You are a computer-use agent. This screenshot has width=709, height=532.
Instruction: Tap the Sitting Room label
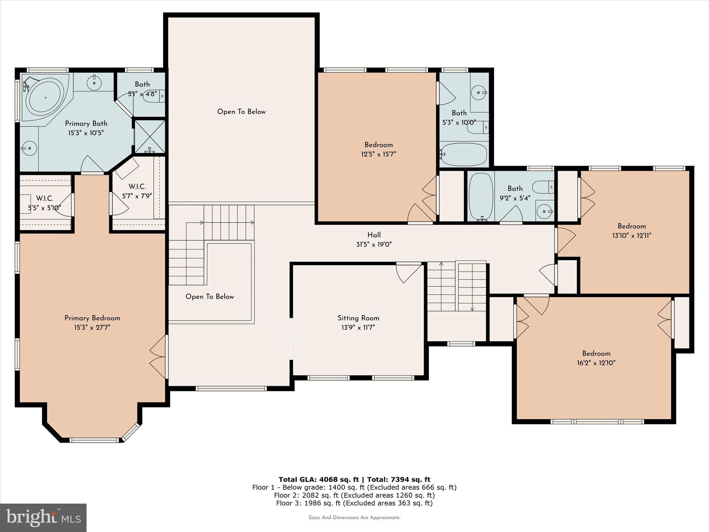click(358, 318)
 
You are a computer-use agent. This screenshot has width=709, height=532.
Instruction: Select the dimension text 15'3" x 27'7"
click(92, 327)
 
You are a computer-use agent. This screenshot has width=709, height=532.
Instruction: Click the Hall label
click(374, 235)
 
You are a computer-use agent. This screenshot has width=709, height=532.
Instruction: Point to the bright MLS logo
click(43, 517)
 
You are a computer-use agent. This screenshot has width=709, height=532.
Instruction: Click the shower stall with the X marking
click(150, 136)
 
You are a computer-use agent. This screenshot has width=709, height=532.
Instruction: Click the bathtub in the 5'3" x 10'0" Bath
click(464, 154)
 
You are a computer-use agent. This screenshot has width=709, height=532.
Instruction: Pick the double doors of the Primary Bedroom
click(158, 357)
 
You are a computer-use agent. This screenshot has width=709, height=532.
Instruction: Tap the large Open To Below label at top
click(241, 112)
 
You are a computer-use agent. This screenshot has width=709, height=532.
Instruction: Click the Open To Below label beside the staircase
click(209, 296)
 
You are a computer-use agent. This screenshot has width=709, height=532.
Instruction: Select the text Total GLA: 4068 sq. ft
click(318, 479)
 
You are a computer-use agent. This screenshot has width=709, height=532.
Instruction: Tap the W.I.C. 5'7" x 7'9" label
click(137, 191)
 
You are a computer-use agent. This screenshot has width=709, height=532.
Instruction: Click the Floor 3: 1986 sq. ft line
click(354, 503)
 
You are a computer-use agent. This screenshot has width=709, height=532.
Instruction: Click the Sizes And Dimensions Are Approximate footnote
click(354, 517)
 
